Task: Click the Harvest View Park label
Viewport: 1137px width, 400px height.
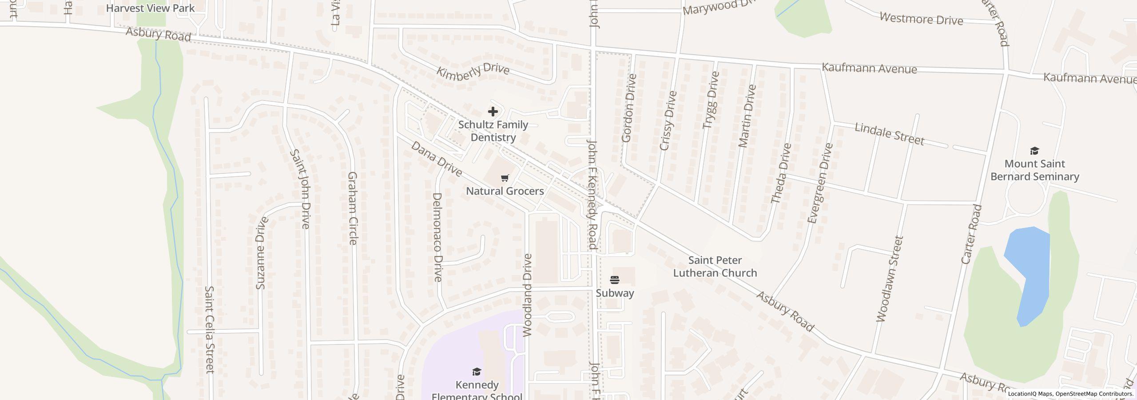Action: click(150, 8)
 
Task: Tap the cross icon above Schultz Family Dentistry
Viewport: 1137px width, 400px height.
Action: click(493, 112)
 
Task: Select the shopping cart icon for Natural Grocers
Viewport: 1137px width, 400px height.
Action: click(505, 178)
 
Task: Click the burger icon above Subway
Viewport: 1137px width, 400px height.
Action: click(615, 280)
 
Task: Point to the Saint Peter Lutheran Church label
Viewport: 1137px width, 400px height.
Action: click(715, 266)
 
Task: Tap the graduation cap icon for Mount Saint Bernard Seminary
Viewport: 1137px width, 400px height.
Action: click(1034, 151)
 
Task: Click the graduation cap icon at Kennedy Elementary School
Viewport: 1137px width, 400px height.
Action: click(477, 372)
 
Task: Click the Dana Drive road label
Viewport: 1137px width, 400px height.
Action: click(436, 159)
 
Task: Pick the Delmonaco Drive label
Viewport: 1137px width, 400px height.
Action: click(437, 237)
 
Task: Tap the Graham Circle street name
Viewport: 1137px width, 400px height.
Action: click(353, 208)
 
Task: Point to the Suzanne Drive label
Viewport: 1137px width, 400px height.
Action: click(261, 252)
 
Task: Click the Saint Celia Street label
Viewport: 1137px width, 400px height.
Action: click(209, 329)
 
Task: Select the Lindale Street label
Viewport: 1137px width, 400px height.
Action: click(889, 134)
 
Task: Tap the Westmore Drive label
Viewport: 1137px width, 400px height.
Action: click(921, 19)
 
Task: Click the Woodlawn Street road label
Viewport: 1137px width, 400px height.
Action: click(890, 279)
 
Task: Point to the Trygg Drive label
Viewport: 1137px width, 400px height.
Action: click(711, 100)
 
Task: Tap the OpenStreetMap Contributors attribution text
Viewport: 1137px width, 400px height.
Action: click(1094, 394)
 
